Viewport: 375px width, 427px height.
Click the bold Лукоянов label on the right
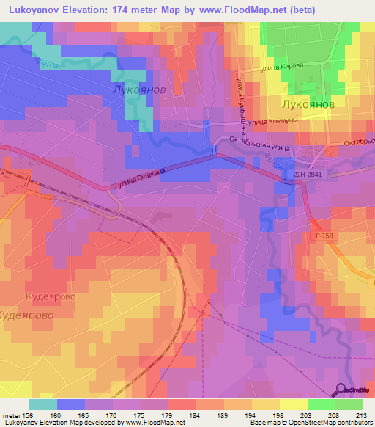point(303,105)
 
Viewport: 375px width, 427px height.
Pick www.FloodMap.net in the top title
point(278,10)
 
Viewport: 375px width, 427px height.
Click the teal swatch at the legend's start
point(42,404)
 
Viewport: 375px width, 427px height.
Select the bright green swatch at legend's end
point(349,404)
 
